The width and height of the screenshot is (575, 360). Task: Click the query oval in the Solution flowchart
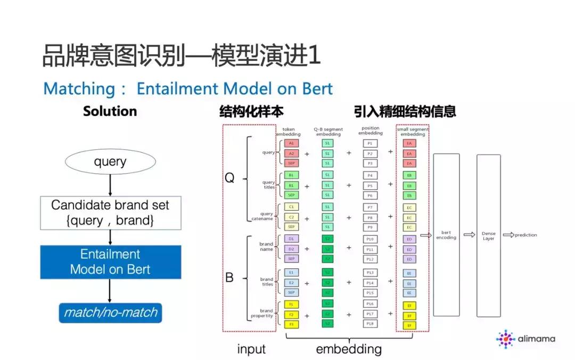110,162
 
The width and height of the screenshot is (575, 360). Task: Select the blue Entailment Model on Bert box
110,261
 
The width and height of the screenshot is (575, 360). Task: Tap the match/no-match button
110,312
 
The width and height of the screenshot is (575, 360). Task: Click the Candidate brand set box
110,212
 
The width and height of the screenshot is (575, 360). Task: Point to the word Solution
110,111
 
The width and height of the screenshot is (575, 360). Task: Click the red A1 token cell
291,143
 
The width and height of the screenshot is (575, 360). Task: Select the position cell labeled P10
371,239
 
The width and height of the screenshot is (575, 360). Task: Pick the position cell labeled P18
371,324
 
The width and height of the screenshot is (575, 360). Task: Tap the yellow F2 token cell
291,314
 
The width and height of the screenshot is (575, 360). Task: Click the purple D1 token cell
291,239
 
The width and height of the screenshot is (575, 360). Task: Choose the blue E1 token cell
291,272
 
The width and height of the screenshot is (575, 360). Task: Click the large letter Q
229,178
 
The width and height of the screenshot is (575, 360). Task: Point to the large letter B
229,277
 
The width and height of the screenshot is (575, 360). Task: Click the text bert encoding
446,235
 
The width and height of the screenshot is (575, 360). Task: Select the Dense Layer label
488,235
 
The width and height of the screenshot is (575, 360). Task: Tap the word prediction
525,235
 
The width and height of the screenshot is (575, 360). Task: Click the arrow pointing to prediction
507,235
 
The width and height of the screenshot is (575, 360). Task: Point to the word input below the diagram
251,349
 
